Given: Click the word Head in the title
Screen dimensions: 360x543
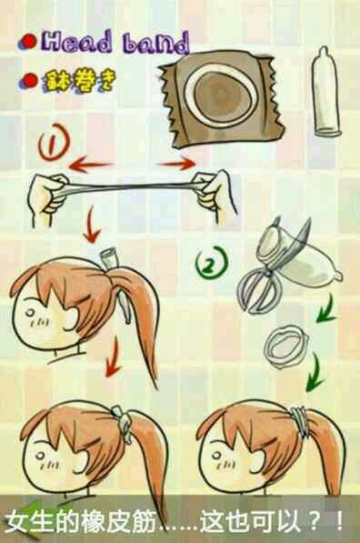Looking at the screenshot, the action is tap(77, 44).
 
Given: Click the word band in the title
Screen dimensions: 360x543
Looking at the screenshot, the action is tap(156, 44).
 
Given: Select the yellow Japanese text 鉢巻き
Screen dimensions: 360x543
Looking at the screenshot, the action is tap(78, 82).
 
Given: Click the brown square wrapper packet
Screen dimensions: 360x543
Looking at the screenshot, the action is tap(222, 99).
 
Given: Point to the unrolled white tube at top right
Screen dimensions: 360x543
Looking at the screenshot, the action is tap(326, 91).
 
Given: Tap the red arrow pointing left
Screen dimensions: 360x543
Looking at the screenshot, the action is tap(91, 164).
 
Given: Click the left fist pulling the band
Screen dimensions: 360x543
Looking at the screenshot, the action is tap(48, 196).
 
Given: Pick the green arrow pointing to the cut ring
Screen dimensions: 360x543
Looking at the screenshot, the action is tap(326, 308).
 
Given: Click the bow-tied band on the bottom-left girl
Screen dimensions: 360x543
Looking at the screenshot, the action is tap(121, 419).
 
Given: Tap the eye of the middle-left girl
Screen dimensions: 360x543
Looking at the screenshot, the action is tap(31, 314).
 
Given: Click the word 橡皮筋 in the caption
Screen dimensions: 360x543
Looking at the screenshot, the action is tap(116, 521).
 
